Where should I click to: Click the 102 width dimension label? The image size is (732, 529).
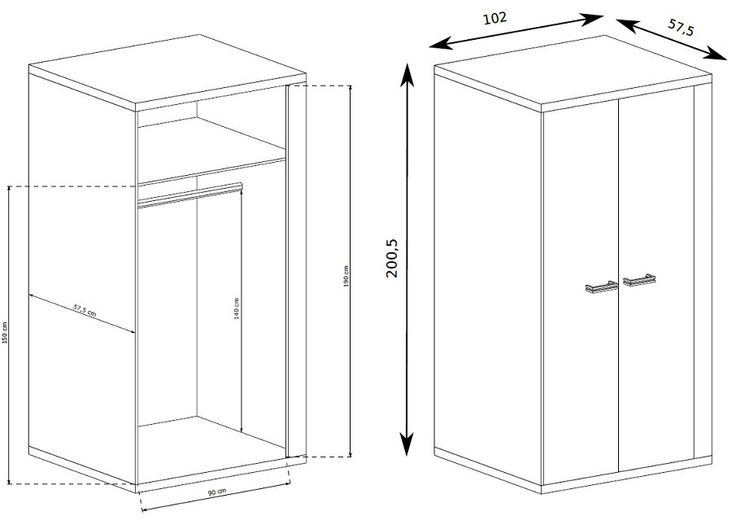click(x=495, y=18)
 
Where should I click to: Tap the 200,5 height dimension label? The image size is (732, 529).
click(x=393, y=259)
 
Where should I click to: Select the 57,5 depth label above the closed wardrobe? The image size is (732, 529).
click(x=681, y=28)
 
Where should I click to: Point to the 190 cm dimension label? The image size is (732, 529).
click(x=346, y=277)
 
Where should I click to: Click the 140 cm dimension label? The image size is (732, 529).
click(x=236, y=309)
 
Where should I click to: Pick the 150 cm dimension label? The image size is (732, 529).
click(x=5, y=332)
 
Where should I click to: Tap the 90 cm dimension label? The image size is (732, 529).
click(x=217, y=492)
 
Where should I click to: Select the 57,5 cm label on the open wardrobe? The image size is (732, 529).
click(x=85, y=311)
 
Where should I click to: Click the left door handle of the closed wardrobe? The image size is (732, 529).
click(x=602, y=286)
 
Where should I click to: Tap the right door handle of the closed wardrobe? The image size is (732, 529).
click(x=639, y=279)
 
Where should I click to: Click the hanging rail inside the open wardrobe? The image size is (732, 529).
click(x=191, y=195)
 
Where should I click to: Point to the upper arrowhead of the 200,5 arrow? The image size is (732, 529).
click(x=407, y=75)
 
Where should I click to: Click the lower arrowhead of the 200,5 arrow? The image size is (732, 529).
click(x=407, y=443)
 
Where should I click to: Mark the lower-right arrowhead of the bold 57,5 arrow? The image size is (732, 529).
click(x=715, y=53)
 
